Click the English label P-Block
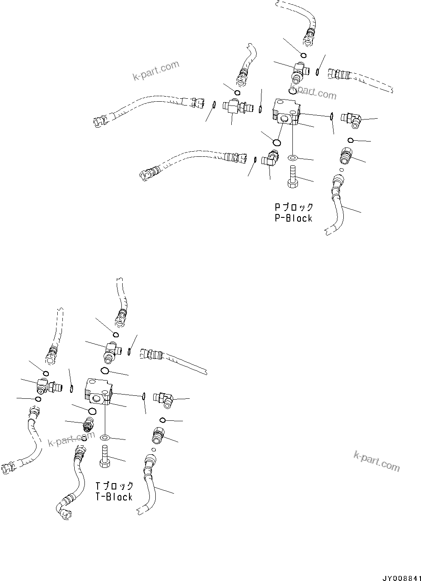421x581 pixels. [293, 219]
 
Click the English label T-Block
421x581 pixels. [114, 497]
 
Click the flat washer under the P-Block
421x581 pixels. [292, 158]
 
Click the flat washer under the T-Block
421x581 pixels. [105, 437]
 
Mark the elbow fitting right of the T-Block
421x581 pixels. [165, 399]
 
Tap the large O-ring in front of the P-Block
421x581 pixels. [277, 142]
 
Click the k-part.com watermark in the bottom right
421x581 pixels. [376, 461]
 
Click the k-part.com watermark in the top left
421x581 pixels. [156, 71]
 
